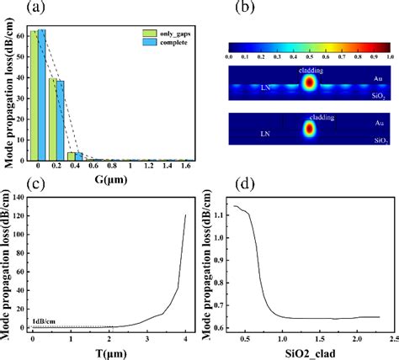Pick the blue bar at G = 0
41,94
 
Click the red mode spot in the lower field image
307,130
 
